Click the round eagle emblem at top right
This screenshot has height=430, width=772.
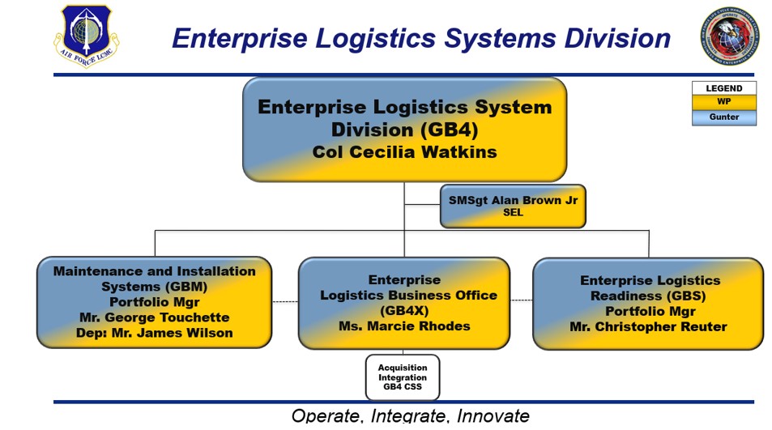(x=730, y=36)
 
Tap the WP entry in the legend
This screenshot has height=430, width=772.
(x=723, y=103)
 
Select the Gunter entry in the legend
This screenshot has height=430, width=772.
(x=723, y=117)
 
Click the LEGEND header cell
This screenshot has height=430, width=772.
(x=723, y=88)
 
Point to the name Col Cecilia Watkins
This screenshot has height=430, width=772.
(x=404, y=151)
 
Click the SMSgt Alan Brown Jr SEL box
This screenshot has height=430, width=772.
(x=513, y=206)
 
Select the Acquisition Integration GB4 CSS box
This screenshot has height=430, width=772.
(x=403, y=377)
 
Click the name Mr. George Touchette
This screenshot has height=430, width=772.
(x=154, y=317)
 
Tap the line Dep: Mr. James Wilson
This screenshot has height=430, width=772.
(x=154, y=333)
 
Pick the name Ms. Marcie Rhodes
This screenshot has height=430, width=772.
(x=404, y=326)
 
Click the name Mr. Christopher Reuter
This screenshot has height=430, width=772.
(x=648, y=327)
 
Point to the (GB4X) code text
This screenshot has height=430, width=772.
(x=404, y=310)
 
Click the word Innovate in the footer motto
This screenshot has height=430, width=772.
(x=493, y=416)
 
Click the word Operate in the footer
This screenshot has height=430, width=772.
(x=326, y=416)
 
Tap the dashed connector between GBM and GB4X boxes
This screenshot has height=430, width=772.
(x=285, y=302)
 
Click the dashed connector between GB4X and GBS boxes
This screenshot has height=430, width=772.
(x=521, y=300)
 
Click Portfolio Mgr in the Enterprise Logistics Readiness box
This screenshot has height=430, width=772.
(x=648, y=312)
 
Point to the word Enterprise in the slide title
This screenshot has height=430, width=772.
(x=250, y=38)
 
